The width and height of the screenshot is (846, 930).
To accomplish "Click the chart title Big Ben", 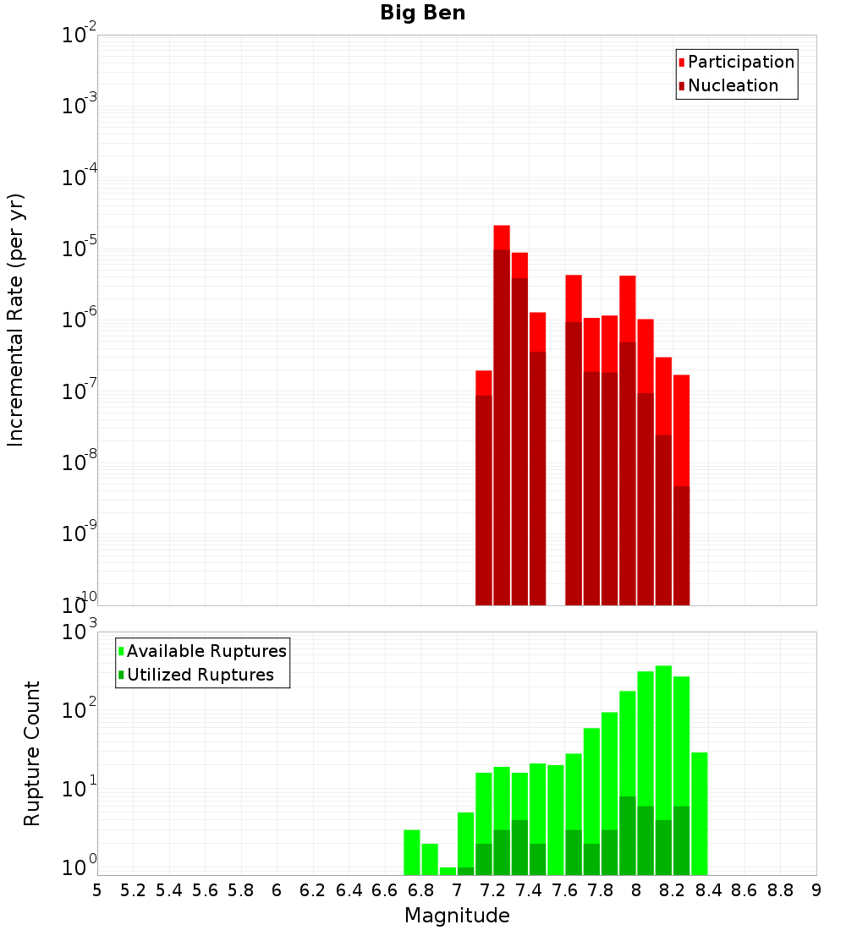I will pos(422,13).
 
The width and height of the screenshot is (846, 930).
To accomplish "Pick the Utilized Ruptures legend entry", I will pos(200,675).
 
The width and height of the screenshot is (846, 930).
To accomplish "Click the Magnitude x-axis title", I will pos(457,916).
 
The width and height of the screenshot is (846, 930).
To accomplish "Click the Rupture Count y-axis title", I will pos(32,753).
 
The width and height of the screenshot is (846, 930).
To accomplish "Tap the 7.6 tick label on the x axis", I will pos(564,890).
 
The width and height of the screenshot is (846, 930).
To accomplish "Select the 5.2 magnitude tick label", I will pos(133,890).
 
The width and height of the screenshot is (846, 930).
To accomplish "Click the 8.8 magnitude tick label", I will pos(780,890).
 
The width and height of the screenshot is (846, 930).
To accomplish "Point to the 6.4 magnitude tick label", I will pos(349,890).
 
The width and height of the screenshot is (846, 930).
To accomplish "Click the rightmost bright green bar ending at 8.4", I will pos(700,812).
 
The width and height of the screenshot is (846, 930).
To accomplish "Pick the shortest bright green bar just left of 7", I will pos(448,871).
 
